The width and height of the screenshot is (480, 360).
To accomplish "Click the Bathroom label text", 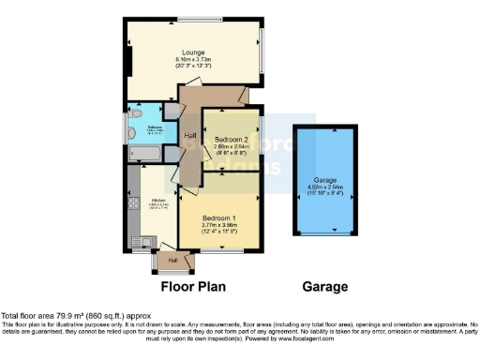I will pos(154,127).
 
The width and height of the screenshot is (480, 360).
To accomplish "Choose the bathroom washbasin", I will pos(131,119).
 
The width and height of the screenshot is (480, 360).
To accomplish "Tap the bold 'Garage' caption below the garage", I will pos(324,286).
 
